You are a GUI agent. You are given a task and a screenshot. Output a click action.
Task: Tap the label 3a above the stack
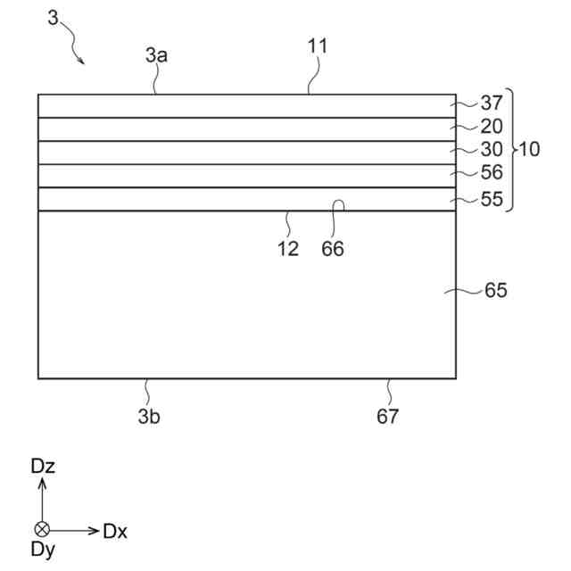coord(157,54)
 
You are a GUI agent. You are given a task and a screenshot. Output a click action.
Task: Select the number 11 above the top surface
coord(318,46)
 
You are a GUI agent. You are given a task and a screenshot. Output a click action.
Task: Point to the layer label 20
coord(492,127)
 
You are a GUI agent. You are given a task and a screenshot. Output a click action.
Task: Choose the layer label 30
coord(492,150)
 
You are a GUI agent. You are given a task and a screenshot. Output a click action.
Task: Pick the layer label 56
coord(492,173)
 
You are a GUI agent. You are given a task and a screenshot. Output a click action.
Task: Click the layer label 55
coord(492,199)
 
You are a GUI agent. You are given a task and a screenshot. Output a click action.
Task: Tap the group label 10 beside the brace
coord(529,149)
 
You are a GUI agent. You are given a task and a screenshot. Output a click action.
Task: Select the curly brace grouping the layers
coord(510,149)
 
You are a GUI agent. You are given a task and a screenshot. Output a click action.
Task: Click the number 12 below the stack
coord(287,250)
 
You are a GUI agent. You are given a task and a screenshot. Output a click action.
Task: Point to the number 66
coord(333,250)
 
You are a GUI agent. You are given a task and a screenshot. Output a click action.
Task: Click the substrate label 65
coord(496,291)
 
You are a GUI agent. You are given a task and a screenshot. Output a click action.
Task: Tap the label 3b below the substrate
coord(148,416)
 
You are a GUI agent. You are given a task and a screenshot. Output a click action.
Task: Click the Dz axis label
coord(43,466)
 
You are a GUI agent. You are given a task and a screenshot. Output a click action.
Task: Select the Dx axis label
coord(115,532)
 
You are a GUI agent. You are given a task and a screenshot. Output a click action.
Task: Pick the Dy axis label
coord(43,550)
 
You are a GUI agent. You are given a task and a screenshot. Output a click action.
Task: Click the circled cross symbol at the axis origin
coord(42,529)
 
